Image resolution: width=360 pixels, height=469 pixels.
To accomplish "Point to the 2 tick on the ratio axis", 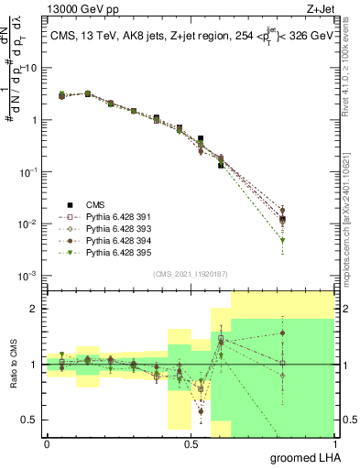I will (x=35, y=309).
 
